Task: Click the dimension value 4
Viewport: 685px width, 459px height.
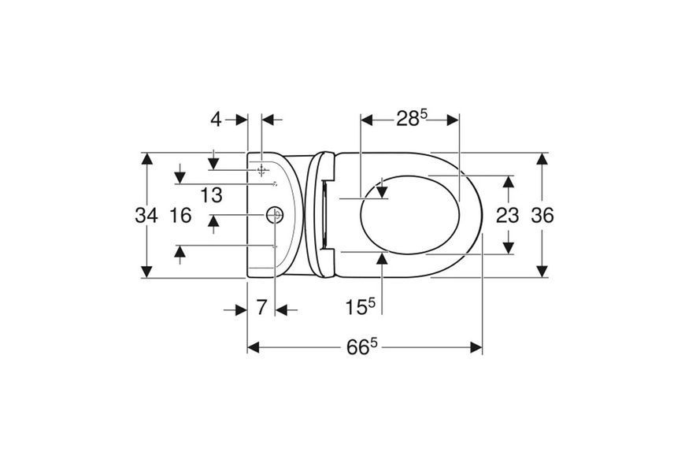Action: (x=217, y=119)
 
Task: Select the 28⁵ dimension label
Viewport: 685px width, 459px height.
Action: (x=412, y=118)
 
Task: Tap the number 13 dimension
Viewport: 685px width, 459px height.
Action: (x=212, y=195)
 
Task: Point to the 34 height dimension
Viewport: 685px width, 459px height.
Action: (x=146, y=215)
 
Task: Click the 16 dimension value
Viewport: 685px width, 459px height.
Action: (x=180, y=215)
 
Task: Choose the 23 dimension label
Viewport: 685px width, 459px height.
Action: (x=507, y=215)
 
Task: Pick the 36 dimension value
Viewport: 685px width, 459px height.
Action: (x=542, y=215)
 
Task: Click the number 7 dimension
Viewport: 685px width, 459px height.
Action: (x=261, y=308)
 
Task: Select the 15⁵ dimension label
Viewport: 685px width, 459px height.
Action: (x=361, y=305)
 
